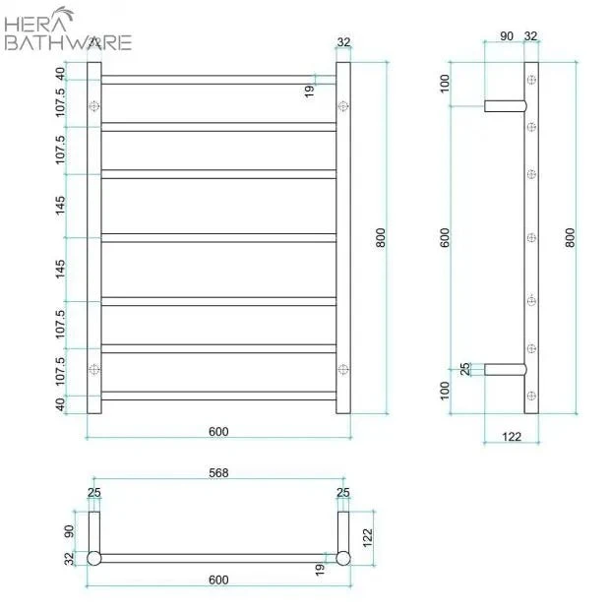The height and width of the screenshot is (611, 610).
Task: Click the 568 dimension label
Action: point(218,472)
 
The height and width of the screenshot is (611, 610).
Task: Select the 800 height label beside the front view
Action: point(382,238)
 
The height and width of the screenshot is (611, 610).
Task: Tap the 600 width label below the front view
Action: point(218,431)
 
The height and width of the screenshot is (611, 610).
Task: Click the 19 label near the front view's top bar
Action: point(309,91)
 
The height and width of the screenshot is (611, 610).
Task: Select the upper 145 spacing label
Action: point(61,205)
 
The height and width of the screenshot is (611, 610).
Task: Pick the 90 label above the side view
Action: point(507,36)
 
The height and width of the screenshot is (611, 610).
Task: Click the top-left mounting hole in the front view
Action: point(94,105)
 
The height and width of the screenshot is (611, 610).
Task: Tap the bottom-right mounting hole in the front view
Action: point(342,369)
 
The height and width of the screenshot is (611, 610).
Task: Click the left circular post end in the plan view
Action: point(94,558)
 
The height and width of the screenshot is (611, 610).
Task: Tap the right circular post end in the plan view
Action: point(342,558)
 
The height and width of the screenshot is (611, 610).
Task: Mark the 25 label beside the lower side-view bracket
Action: point(465,369)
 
